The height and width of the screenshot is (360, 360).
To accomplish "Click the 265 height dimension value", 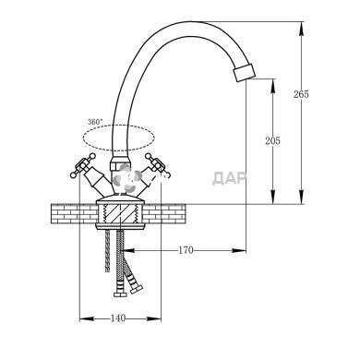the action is tap(301, 94).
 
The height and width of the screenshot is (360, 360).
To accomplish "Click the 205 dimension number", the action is tap(273, 141).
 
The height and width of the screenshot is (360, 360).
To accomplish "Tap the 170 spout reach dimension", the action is tap(186, 250).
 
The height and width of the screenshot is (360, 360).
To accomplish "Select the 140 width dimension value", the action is tap(118, 318).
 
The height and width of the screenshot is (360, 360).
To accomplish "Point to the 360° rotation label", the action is tap(94, 122).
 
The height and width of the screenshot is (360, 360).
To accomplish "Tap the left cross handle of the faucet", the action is tap(82, 166).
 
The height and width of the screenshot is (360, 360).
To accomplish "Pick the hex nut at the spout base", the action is tap(119, 162).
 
